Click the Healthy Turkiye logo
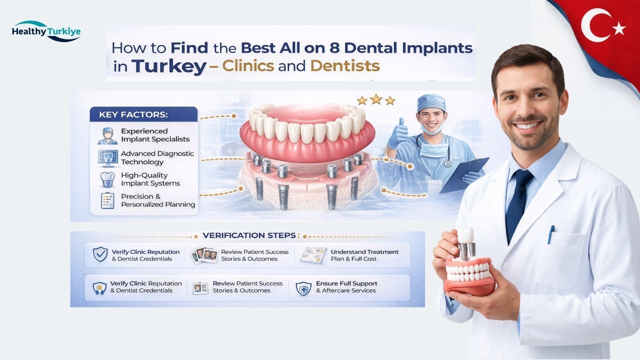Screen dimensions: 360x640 pyautogui.click(x=45, y=31)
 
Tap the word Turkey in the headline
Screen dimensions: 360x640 pyautogui.click(x=168, y=66)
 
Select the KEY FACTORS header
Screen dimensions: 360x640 pyautogui.click(x=133, y=114)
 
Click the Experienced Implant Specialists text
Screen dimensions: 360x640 pyautogui.click(x=155, y=135)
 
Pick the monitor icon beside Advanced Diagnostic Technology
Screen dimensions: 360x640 pyautogui.click(x=107, y=157)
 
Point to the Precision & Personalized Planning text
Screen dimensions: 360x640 pyautogui.click(x=158, y=200)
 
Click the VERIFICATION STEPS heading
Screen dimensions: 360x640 pyautogui.click(x=248, y=235)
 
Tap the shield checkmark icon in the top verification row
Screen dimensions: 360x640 pyautogui.click(x=100, y=254)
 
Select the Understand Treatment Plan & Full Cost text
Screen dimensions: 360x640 pyautogui.click(x=364, y=255)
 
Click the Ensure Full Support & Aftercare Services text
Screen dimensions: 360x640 pyautogui.click(x=346, y=287)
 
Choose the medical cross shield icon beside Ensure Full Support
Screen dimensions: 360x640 pyautogui.click(x=303, y=288)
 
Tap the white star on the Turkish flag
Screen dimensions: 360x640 pyautogui.click(x=619, y=29)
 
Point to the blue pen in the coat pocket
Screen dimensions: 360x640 pyautogui.click(x=551, y=233)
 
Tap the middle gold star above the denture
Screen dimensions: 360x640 pyautogui.click(x=376, y=99)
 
